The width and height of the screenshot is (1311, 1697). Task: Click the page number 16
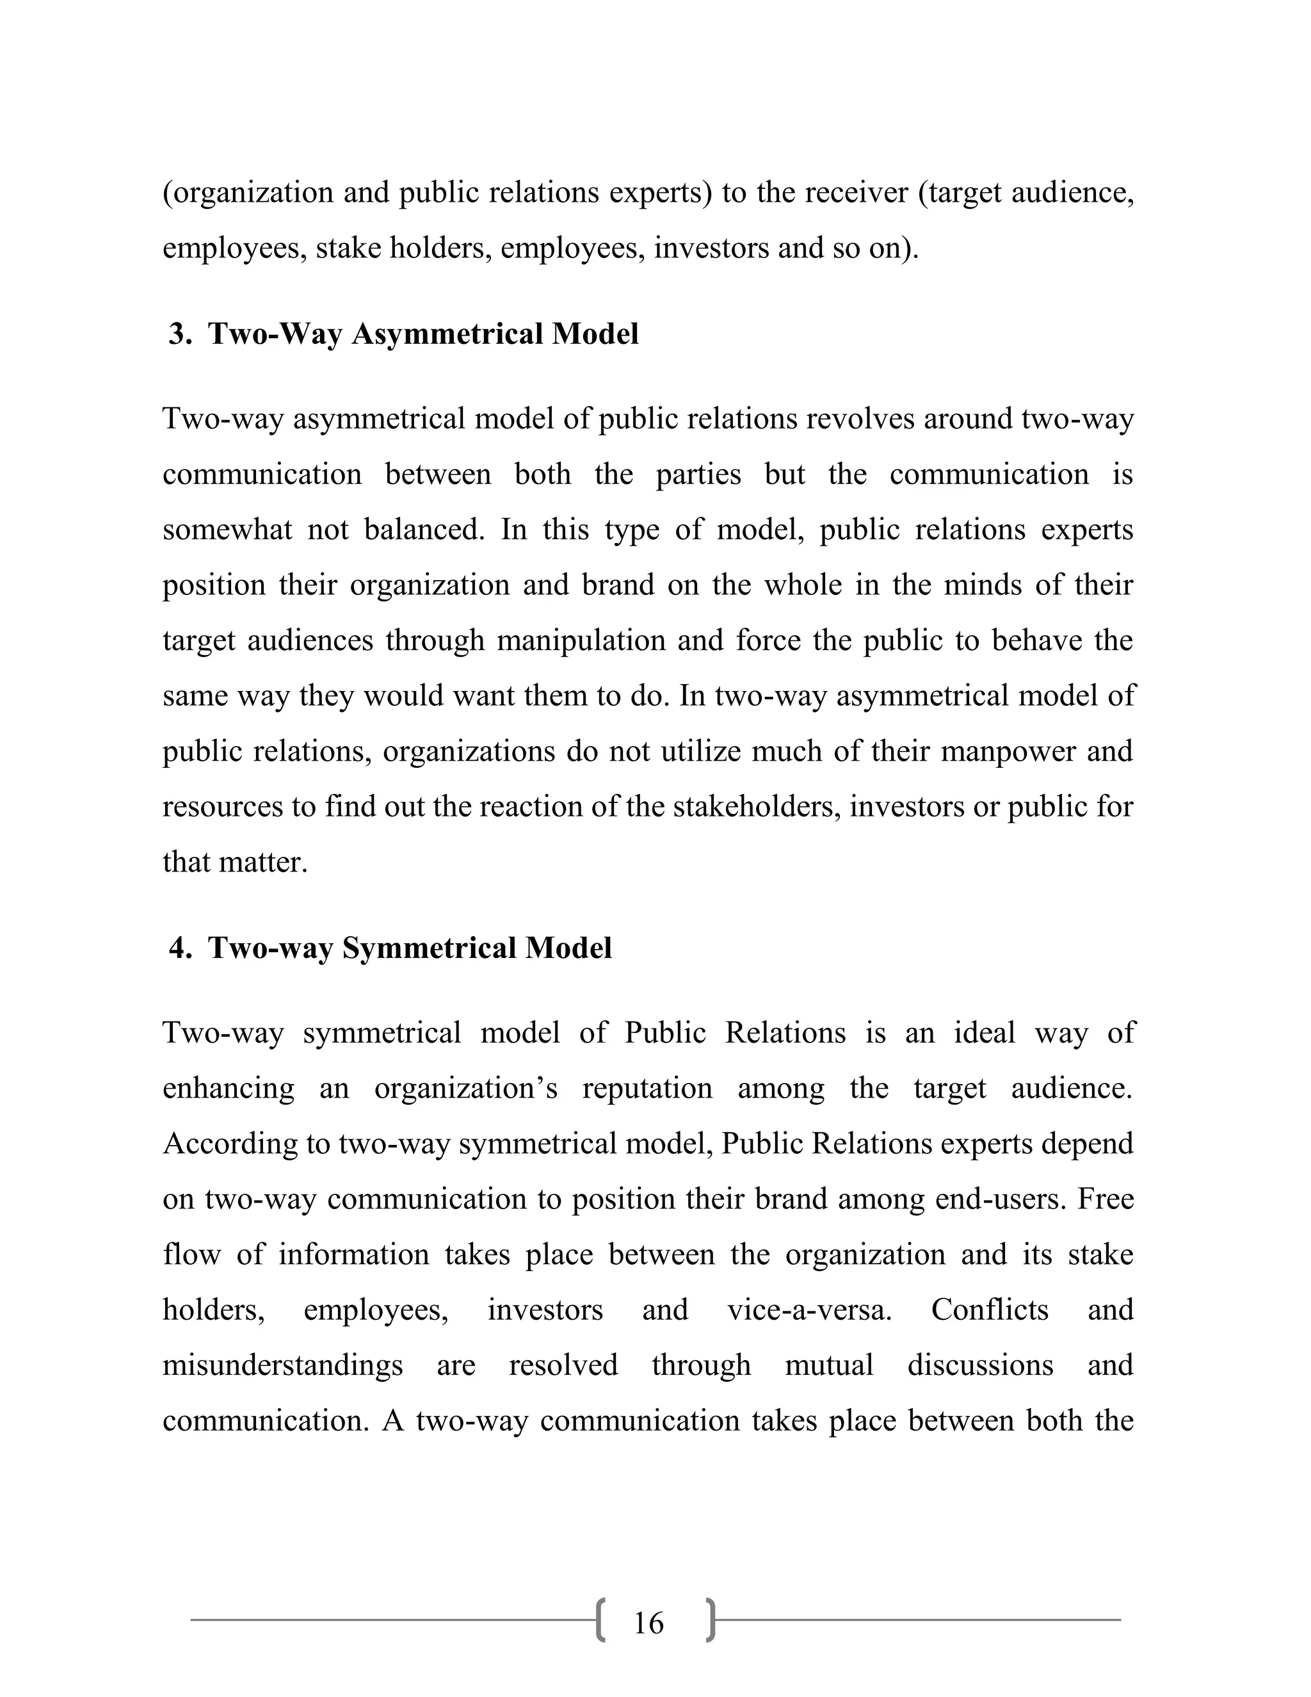click(648, 1623)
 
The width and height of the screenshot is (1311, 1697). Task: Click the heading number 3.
click(179, 334)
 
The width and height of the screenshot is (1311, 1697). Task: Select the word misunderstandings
click(283, 1365)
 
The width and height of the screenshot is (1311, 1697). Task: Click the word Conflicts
click(990, 1310)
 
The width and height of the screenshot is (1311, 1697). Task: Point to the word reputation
click(647, 1088)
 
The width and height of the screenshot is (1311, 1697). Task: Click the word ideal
click(984, 1033)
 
